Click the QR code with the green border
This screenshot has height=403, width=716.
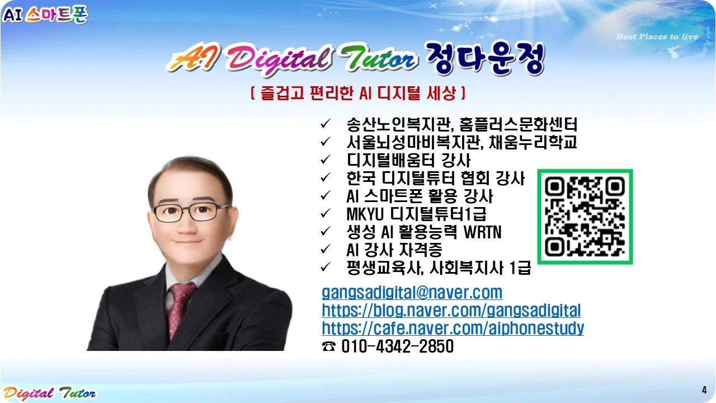[585, 217]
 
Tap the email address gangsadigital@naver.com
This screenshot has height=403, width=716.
[412, 292]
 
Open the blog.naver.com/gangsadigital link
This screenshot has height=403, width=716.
[451, 310]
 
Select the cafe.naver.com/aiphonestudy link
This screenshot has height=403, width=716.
[453, 328]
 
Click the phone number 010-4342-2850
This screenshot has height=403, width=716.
[397, 346]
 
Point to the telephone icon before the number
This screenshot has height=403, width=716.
[329, 346]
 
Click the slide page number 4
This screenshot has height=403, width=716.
[704, 390]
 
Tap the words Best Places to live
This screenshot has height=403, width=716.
[657, 37]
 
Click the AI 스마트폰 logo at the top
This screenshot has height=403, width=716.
[45, 14]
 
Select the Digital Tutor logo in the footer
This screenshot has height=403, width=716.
[49, 393]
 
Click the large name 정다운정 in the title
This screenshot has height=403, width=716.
[484, 59]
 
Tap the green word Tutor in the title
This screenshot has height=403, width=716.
[379, 58]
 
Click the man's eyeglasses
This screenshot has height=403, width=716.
[191, 212]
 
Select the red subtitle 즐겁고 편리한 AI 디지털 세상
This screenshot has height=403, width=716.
[358, 93]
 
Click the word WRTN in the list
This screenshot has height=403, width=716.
[482, 232]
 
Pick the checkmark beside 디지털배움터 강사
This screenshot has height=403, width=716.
[326, 160]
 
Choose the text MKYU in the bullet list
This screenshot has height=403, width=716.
[365, 214]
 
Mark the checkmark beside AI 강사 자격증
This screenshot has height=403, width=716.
[326, 249]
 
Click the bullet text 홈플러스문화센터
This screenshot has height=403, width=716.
[518, 124]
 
